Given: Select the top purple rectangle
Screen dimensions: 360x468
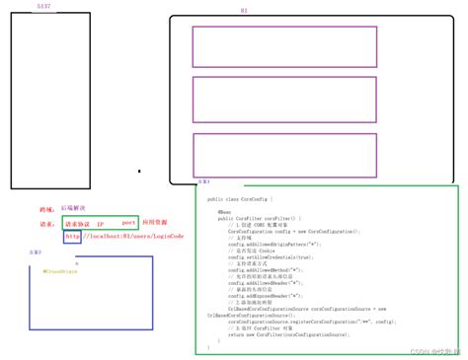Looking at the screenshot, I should pos(283,46).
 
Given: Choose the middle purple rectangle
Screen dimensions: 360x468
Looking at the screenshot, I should pos(283,99).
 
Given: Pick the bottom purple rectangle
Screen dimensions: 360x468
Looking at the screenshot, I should pos(283,154).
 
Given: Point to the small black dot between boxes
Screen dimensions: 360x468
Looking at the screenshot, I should pos(139,172).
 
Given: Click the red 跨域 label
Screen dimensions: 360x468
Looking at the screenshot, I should pos(45,209).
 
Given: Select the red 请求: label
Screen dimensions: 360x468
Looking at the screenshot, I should pos(45,224).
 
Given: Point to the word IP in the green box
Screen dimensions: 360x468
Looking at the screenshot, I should pos(100,224).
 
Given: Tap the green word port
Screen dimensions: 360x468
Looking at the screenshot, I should pos(127,223).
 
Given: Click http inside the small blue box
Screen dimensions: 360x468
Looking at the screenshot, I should pos(72,237).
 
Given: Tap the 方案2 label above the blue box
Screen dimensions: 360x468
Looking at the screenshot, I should pos(37,252).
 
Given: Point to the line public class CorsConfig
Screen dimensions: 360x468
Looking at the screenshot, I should pos(240,199).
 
